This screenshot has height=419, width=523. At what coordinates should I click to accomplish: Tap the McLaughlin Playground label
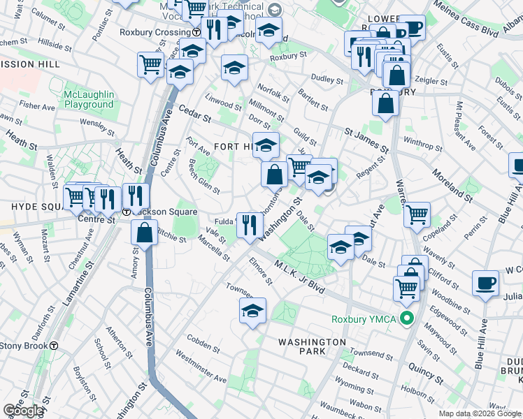88,99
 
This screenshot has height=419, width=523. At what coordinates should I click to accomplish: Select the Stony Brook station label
24,345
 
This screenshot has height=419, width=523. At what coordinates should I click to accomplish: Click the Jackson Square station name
164,212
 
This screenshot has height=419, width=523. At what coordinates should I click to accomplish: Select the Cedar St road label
194,114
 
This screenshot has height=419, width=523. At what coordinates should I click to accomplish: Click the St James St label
366,139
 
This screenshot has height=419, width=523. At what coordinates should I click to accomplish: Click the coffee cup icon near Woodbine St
485,283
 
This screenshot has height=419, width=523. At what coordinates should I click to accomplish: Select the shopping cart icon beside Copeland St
417,214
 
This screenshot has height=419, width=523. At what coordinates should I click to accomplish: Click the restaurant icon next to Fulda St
248,224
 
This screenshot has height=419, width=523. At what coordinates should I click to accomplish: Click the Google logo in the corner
23,411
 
